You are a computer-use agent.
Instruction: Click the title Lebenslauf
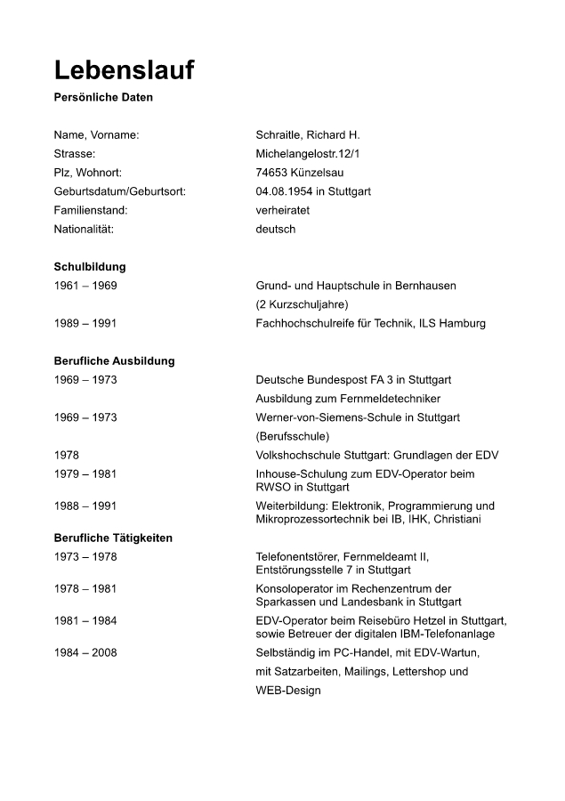click(124, 71)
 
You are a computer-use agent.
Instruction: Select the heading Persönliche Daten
click(103, 98)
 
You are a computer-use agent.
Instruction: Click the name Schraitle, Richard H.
click(307, 135)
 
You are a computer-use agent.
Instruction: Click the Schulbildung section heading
click(90, 266)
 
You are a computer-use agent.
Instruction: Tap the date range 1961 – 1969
click(85, 286)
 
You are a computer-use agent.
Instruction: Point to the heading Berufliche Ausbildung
click(114, 360)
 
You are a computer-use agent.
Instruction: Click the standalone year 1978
click(67, 455)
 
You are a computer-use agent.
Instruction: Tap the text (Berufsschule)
click(293, 436)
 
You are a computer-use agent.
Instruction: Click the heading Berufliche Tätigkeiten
click(113, 538)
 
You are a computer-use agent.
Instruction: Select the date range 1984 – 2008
click(85, 652)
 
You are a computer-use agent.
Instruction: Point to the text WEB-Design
click(288, 690)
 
